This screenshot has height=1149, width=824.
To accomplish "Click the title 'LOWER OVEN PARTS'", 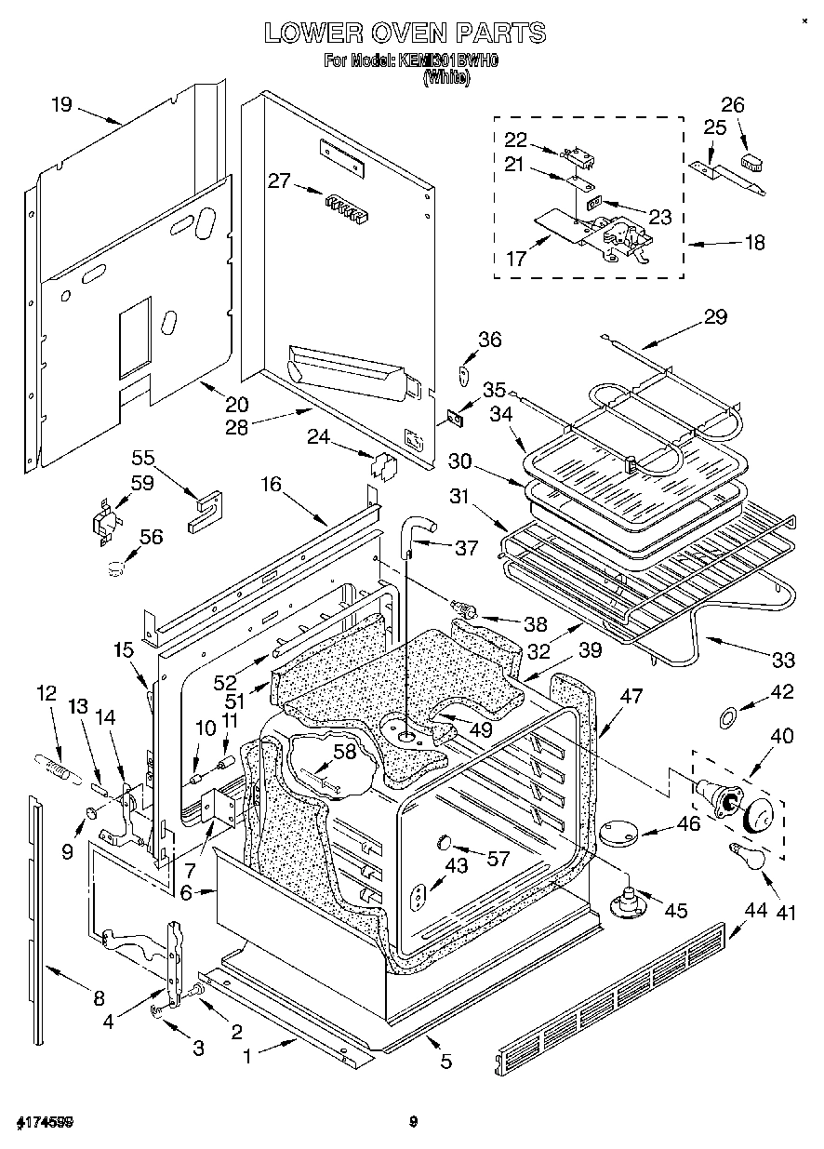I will pyautogui.click(x=405, y=33).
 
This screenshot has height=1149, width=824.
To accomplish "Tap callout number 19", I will pyautogui.click(x=60, y=104).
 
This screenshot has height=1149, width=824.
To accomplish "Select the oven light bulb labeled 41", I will pyautogui.click(x=747, y=853).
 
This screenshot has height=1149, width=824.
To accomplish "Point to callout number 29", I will pyautogui.click(x=714, y=317).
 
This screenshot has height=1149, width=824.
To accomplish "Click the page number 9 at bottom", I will pyautogui.click(x=412, y=1122).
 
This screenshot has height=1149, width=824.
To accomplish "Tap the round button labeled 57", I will pyautogui.click(x=445, y=843).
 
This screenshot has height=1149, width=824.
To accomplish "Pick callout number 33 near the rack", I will pyautogui.click(x=783, y=660).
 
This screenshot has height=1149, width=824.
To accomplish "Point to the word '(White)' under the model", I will pyautogui.click(x=446, y=79).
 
